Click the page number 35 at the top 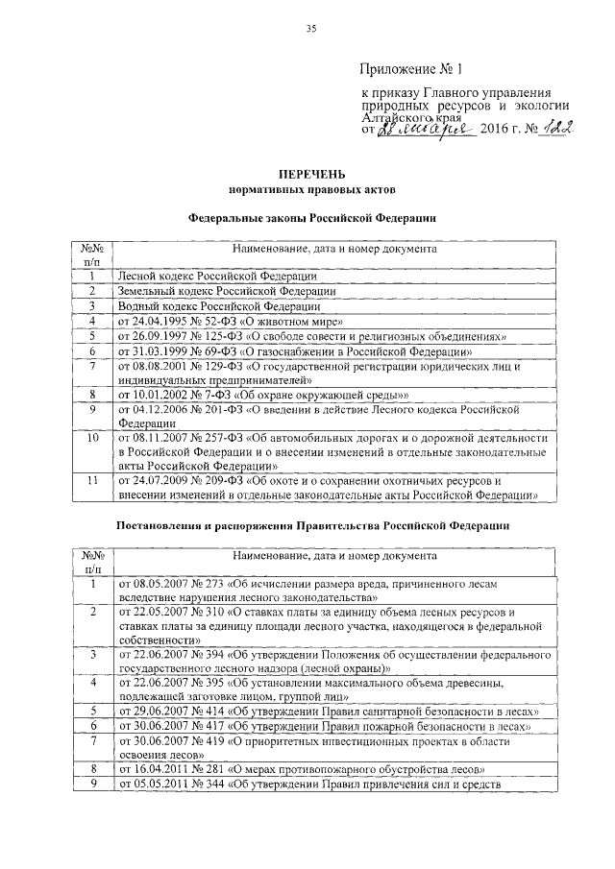pyautogui.click(x=310, y=29)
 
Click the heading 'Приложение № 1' pyautogui.click(x=410, y=69)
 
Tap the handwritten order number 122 pyautogui.click(x=551, y=128)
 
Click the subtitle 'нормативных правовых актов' pyautogui.click(x=309, y=192)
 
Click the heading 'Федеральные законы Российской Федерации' pyautogui.click(x=310, y=219)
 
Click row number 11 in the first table pyautogui.click(x=92, y=478)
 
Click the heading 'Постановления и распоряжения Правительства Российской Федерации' pyautogui.click(x=310, y=526)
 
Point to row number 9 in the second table pyautogui.click(x=92, y=785)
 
